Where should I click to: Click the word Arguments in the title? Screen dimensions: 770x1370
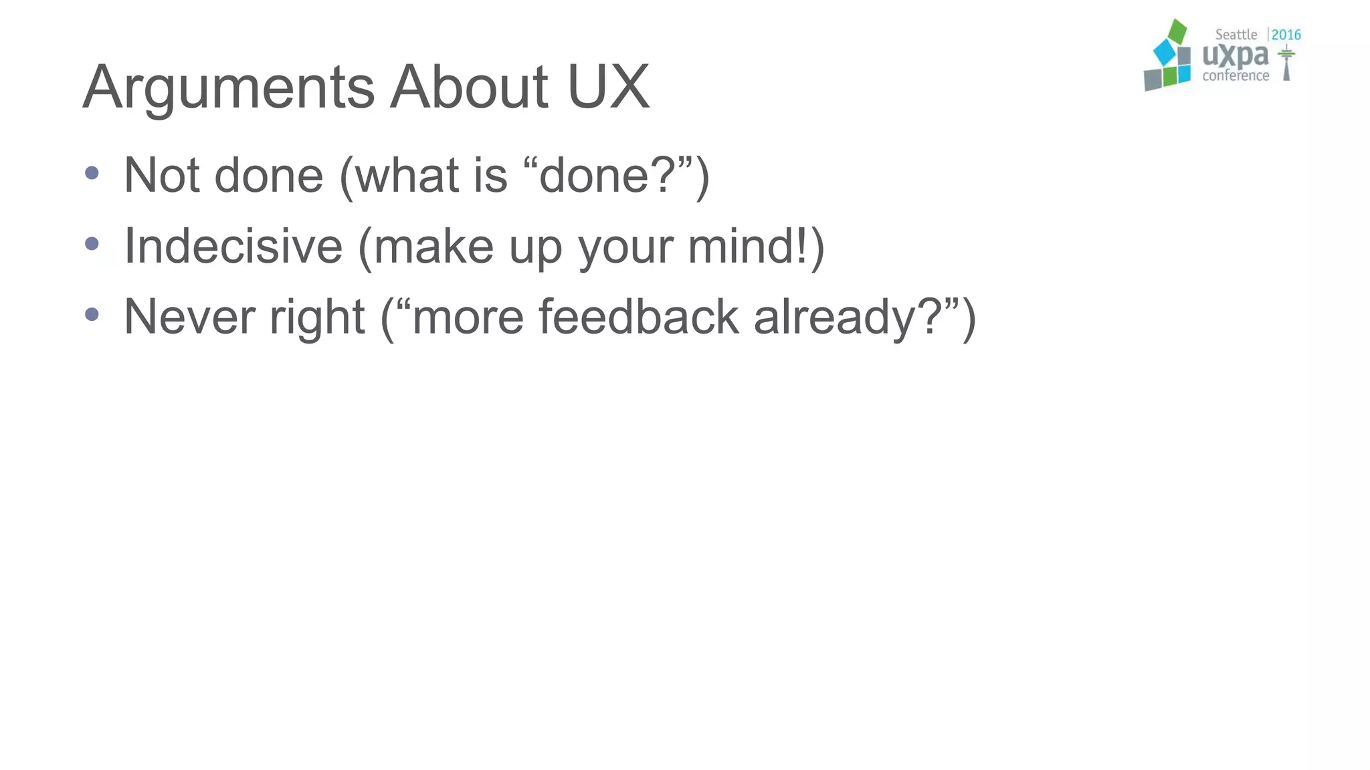point(228,88)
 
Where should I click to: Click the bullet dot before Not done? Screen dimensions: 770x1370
point(92,174)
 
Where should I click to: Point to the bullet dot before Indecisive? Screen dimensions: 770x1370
point(92,244)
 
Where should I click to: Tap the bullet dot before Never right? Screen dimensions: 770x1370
point(92,314)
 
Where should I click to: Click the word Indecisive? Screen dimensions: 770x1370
point(233,246)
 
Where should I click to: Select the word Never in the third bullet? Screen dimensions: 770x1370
point(189,316)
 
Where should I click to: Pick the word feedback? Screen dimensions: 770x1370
point(638,316)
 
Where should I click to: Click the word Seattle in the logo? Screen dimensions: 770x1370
point(1236,35)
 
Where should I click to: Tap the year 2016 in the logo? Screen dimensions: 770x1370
point(1286,35)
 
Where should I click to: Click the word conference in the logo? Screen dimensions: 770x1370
point(1236,76)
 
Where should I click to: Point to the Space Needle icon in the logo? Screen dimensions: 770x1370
point(1286,63)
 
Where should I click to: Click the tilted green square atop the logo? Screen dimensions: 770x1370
point(1177,31)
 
